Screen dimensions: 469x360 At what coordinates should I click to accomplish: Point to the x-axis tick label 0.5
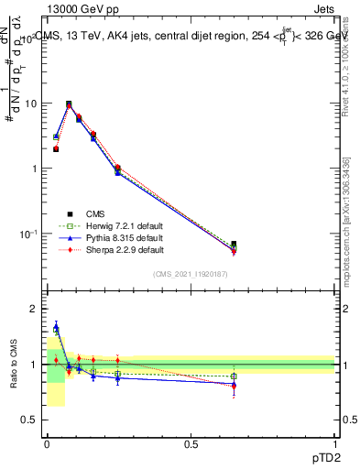click(191, 444)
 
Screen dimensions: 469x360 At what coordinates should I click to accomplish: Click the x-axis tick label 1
click(335, 444)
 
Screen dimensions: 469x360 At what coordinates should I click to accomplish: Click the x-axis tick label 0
click(47, 444)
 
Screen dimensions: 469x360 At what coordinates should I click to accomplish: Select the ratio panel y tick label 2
click(34, 310)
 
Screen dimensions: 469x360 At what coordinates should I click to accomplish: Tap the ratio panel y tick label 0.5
click(28, 420)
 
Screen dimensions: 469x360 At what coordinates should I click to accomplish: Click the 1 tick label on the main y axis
click(34, 169)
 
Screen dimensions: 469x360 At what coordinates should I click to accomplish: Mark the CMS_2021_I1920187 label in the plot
click(191, 273)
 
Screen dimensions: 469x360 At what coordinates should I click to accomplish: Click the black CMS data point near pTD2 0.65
click(234, 245)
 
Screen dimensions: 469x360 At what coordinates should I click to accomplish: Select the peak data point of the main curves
click(69, 104)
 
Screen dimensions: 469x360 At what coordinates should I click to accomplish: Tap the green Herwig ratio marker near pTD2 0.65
click(234, 376)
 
